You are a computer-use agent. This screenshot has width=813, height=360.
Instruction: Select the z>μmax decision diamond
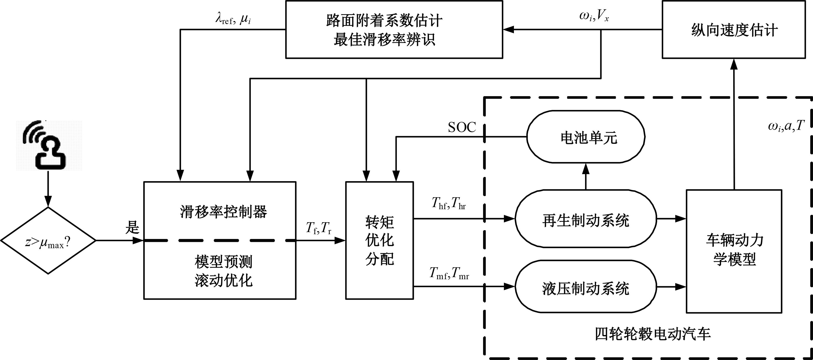pos(48,241)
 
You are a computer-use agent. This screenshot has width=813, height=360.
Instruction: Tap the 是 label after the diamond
pos(132,227)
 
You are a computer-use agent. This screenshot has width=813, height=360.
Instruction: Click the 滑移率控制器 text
pos(223,212)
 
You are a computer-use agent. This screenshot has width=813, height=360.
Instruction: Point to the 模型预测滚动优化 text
pos(223,271)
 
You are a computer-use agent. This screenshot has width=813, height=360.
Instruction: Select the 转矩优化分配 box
pos(379,240)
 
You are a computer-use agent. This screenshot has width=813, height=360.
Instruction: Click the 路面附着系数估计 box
pos(394,30)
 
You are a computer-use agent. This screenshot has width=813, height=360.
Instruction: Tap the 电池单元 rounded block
pos(586,137)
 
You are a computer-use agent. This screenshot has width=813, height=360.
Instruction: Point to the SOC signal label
pos(462,127)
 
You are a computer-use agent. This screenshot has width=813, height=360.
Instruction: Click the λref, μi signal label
pos(233,19)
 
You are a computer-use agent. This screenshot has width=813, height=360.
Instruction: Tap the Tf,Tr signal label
pos(319,228)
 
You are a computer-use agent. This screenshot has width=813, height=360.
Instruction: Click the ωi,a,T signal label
pos(786,127)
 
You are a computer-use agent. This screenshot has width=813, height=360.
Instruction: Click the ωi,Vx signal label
pos(594,16)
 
